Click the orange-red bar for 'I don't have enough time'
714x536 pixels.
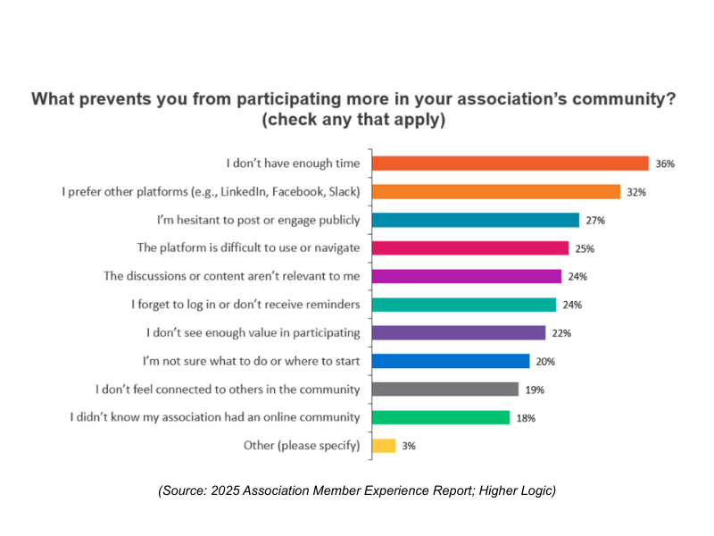point(510,163)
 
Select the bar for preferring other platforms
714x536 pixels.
point(495,191)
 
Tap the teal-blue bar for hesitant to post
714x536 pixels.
point(476,220)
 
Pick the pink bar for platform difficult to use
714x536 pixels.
point(469,247)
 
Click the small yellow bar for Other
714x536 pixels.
point(383,445)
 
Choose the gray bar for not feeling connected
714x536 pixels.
point(444,389)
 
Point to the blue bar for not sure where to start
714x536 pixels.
point(450,361)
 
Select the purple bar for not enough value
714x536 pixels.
point(458,332)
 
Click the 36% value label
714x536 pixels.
point(664,163)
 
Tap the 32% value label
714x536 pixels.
point(635,192)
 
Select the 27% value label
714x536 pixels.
point(594,221)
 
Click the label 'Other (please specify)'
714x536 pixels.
point(302,445)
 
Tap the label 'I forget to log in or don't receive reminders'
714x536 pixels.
point(245,305)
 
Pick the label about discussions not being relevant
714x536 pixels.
point(238,276)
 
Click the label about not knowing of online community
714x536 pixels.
point(215,417)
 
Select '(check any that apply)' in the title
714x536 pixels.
point(353,119)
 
